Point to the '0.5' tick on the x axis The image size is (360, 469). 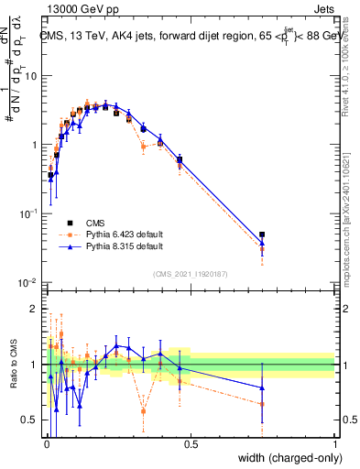[191, 445]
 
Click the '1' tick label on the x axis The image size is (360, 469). [335, 445]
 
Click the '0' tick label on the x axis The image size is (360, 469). [47, 445]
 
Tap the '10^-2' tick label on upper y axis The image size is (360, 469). [29, 282]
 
